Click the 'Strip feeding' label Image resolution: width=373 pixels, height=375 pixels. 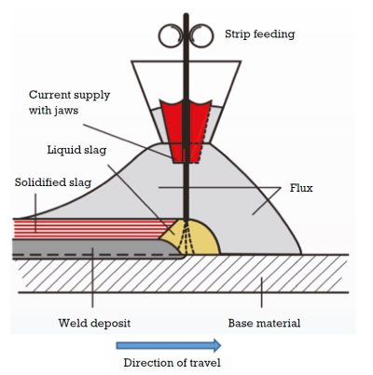[259, 34]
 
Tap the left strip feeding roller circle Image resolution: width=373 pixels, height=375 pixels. [172, 35]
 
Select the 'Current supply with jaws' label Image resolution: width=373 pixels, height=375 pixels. [70, 102]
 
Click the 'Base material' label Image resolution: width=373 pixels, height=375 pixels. [263, 325]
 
